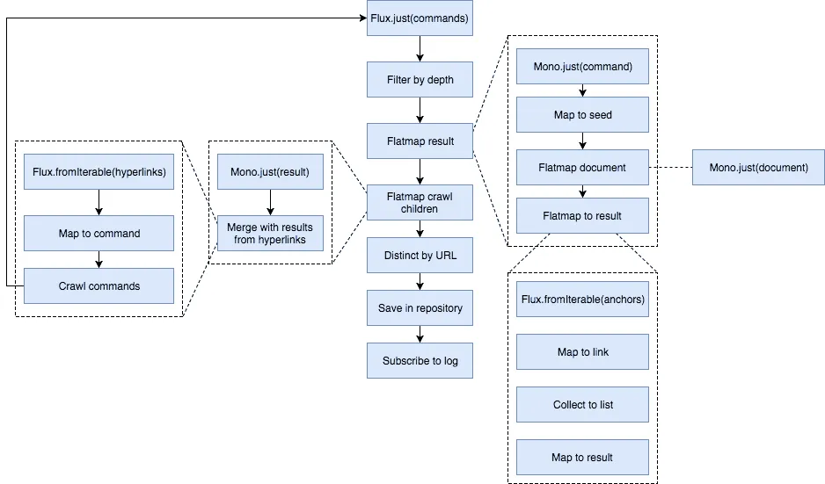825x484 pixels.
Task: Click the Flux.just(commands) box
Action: click(420, 18)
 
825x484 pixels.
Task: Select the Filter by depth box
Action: click(420, 80)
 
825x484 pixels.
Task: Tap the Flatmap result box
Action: click(420, 141)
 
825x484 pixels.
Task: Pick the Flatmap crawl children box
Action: click(420, 203)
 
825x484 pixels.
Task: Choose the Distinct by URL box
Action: click(420, 256)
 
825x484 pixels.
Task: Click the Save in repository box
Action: click(420, 308)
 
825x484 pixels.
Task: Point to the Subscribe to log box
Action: click(420, 361)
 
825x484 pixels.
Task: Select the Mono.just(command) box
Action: click(582, 67)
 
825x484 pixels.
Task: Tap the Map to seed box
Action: click(582, 115)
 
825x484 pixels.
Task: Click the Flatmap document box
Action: click(582, 168)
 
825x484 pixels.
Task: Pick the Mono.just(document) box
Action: click(758, 168)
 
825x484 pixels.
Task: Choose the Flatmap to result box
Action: click(582, 216)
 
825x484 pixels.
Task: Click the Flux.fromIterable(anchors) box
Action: click(582, 300)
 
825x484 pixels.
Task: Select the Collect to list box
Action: click(582, 405)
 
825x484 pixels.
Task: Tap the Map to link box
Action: click(582, 352)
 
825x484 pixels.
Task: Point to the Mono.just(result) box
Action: click(270, 172)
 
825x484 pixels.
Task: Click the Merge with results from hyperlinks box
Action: click(270, 234)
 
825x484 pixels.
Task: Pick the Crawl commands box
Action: click(99, 286)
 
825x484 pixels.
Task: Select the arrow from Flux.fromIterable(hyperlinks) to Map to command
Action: click(99, 203)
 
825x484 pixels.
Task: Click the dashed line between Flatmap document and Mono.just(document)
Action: click(670, 168)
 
